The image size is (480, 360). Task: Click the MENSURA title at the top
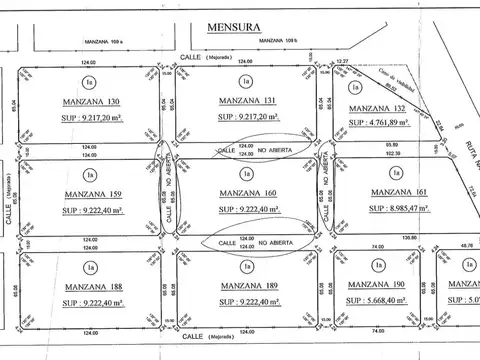click(235, 29)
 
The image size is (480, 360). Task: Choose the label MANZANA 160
click(245, 192)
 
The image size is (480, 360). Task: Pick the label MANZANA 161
click(401, 192)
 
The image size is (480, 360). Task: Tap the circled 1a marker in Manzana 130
click(91, 80)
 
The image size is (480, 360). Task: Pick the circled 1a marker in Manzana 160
click(245, 173)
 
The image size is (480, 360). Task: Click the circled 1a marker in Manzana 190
click(377, 266)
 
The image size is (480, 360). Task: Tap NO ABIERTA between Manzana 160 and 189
click(272, 241)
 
